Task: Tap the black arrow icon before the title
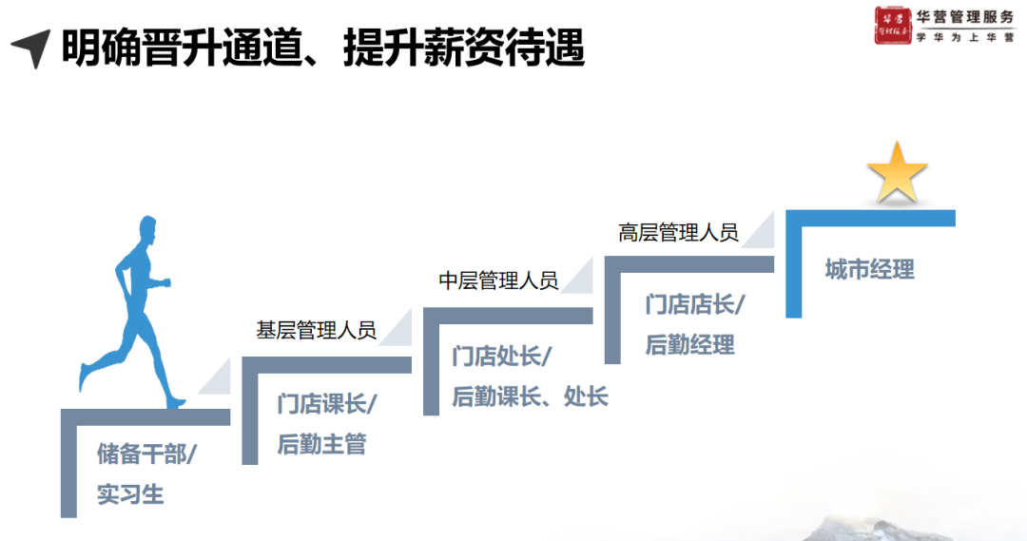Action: pyautogui.click(x=31, y=48)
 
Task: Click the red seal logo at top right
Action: pyautogui.click(x=894, y=26)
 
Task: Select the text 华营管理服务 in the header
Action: pyautogui.click(x=964, y=17)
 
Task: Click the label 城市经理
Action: pyautogui.click(x=869, y=269)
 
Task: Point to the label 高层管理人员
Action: pyautogui.click(x=678, y=233)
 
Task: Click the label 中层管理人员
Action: pyautogui.click(x=497, y=280)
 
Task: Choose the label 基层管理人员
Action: pyautogui.click(x=316, y=331)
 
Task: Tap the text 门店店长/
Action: pyautogui.click(x=694, y=304)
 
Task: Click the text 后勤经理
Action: pyautogui.click(x=689, y=345)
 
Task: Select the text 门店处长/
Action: pyautogui.click(x=502, y=356)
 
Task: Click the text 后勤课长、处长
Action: pyautogui.click(x=530, y=396)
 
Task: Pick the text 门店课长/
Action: pyautogui.click(x=327, y=403)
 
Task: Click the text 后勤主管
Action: pyautogui.click(x=321, y=444)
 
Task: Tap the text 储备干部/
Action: pyautogui.click(x=146, y=454)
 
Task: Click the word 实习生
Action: pyautogui.click(x=130, y=494)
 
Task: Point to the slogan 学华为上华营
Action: pyautogui.click(x=964, y=38)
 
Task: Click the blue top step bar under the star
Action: pyautogui.click(x=870, y=218)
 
